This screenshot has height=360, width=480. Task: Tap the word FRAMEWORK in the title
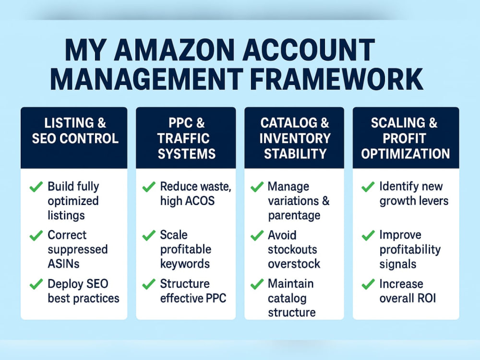tap(336, 79)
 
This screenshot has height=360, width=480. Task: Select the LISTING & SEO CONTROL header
tap(75, 131)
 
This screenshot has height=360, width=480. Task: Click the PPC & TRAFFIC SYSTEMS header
tap(186, 138)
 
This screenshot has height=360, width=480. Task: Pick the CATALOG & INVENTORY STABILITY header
tap(295, 138)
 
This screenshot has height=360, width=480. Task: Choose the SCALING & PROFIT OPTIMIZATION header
tap(405, 138)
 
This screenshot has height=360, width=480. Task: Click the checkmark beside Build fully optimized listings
tap(36, 186)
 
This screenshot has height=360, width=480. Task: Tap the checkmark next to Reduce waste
tap(149, 186)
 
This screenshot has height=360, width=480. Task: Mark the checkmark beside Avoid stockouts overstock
tap(257, 235)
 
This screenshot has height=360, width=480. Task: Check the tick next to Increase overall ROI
tap(368, 284)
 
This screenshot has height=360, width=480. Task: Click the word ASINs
tap(63, 264)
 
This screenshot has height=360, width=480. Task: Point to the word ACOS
tap(199, 201)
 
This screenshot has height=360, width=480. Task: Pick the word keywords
tap(185, 264)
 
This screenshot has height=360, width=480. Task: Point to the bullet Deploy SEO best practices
tap(83, 291)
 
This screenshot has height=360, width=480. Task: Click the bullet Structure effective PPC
tap(193, 291)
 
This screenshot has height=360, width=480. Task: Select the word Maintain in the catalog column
tap(290, 284)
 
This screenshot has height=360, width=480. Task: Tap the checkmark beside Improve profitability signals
tap(368, 235)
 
